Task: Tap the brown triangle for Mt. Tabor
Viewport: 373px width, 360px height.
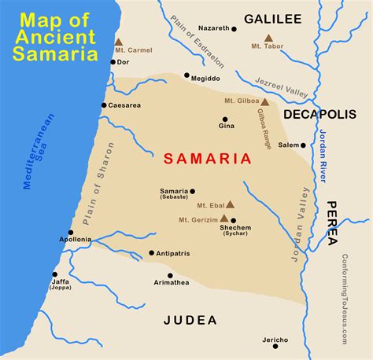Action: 268,38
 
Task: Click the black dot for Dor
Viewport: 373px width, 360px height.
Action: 113,61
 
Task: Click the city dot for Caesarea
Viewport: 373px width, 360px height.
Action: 104,105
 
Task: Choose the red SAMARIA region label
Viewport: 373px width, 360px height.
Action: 208,159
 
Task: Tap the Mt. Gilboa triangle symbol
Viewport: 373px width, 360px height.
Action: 265,101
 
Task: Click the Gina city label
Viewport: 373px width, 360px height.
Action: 227,126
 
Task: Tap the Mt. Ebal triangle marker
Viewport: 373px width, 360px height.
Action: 230,204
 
